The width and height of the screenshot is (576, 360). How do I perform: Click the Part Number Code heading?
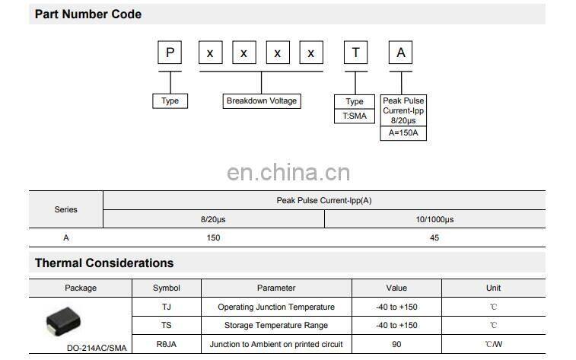pyautogui.click(x=88, y=14)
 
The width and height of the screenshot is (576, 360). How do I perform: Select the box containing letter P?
pyautogui.click(x=170, y=53)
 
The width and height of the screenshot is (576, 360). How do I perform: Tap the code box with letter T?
pyautogui.click(x=355, y=53)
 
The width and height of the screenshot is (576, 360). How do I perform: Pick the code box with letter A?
pyautogui.click(x=401, y=53)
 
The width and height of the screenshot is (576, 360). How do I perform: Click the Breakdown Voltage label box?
pyautogui.click(x=262, y=101)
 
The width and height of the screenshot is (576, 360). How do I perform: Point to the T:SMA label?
pyautogui.click(x=355, y=116)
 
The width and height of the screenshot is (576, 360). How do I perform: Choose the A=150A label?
pyautogui.click(x=403, y=134)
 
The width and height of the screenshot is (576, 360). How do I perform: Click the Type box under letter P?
pyautogui.click(x=170, y=101)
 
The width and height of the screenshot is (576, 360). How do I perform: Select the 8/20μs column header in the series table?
pyautogui.click(x=213, y=219)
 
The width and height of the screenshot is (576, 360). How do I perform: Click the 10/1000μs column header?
pyautogui.click(x=434, y=219)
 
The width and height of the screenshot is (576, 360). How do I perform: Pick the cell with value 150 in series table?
pyautogui.click(x=213, y=238)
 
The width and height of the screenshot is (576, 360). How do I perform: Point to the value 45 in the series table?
pyautogui.click(x=434, y=238)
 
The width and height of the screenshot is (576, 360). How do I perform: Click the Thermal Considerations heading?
pyautogui.click(x=104, y=263)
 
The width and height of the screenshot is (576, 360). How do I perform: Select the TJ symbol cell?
pyautogui.click(x=166, y=307)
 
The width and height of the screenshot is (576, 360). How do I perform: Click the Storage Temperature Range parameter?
pyautogui.click(x=276, y=326)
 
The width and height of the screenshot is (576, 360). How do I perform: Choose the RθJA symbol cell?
pyautogui.click(x=166, y=344)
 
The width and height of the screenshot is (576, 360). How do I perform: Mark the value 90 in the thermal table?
pyautogui.click(x=396, y=344)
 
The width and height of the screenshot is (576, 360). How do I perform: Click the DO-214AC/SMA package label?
pyautogui.click(x=97, y=348)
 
